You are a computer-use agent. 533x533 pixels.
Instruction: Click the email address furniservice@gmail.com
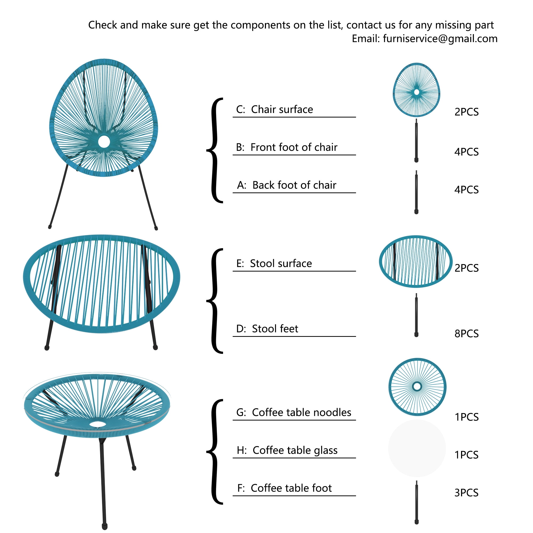tap(440, 39)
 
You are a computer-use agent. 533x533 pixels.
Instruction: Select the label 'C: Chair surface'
tap(274, 110)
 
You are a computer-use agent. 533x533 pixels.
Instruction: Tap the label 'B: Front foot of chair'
tap(287, 147)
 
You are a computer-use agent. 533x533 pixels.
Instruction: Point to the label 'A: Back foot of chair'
tap(287, 185)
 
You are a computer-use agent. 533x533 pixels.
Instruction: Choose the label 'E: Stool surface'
tap(274, 264)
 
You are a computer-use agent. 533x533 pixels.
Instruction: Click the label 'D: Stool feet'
tap(267, 329)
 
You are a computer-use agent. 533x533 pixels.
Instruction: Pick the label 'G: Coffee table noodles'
tap(294, 413)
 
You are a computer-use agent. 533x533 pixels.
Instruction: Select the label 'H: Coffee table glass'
tap(287, 450)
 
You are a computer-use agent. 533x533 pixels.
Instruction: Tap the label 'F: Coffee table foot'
tap(284, 488)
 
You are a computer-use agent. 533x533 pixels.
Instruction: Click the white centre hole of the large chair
tap(104, 142)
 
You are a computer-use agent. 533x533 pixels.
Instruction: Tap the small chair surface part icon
tap(416, 90)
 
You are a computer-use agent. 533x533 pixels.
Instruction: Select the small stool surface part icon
tap(416, 261)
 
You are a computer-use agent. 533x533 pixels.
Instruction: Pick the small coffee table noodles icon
tap(417, 387)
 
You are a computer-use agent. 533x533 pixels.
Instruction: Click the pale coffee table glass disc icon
tap(417, 449)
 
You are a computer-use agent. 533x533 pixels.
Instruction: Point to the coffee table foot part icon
tap(417, 502)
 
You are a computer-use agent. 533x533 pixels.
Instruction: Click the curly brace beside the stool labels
tap(215, 301)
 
